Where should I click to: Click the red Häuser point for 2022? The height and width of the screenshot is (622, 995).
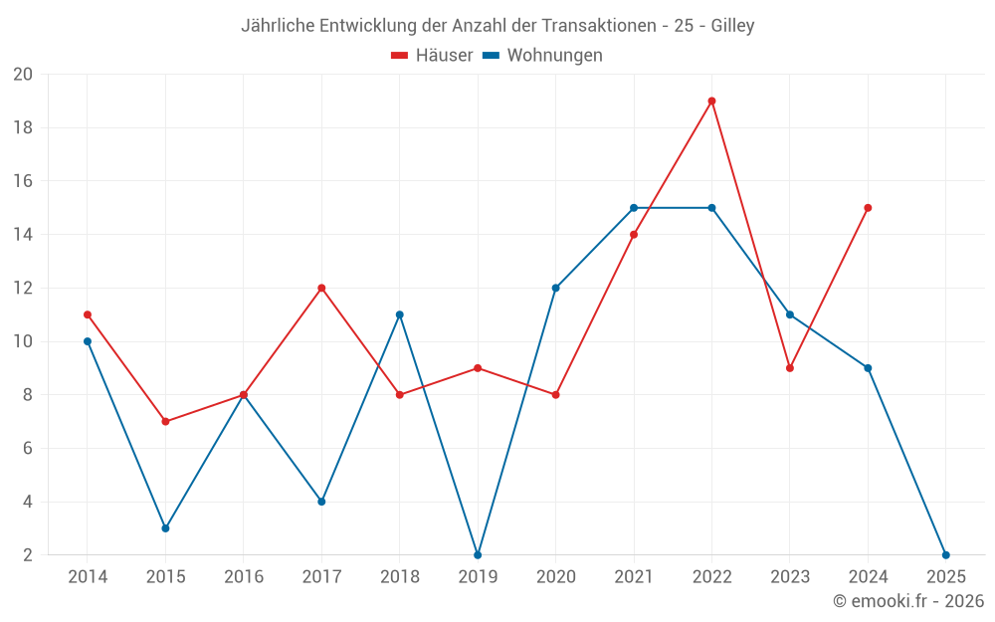(x=711, y=101)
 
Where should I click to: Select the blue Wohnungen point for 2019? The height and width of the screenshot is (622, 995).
(x=478, y=554)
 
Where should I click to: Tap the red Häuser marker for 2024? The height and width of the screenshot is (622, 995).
(x=868, y=208)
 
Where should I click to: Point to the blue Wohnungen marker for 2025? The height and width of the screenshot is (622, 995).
(x=945, y=554)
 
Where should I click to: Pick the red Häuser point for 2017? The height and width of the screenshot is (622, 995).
(x=321, y=288)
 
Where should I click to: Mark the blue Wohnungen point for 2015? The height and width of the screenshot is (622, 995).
(x=165, y=527)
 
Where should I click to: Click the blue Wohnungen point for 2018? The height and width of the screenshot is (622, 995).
(x=399, y=314)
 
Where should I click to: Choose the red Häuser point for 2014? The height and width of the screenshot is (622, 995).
(x=88, y=314)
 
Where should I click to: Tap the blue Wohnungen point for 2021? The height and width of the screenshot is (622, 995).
(x=634, y=208)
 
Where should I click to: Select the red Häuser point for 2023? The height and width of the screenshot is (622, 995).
(x=790, y=368)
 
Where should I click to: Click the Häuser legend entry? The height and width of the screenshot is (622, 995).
(x=432, y=56)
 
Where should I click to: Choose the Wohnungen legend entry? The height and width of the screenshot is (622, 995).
(x=542, y=56)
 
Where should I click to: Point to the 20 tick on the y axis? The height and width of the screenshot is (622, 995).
(x=23, y=75)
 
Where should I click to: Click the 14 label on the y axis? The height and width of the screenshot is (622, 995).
(x=23, y=235)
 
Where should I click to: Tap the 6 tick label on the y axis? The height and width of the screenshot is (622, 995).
(x=27, y=449)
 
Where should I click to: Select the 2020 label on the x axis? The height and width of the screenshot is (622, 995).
(x=556, y=577)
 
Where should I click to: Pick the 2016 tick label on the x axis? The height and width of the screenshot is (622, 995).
(x=244, y=577)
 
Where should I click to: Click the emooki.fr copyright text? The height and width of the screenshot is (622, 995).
(x=908, y=601)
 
